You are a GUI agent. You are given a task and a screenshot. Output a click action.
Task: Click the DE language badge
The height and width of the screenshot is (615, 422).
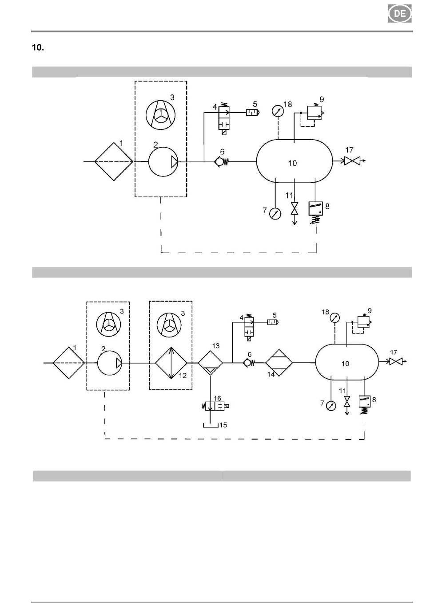(x=400, y=13)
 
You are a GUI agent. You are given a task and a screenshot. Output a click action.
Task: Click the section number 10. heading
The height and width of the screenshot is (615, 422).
(x=38, y=47)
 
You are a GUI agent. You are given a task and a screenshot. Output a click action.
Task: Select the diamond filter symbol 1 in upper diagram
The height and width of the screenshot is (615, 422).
(x=114, y=161)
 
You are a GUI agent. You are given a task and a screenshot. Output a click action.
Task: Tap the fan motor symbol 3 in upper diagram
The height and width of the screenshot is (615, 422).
(x=160, y=114)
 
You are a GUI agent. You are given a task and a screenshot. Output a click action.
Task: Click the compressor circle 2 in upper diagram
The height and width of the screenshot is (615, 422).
(x=163, y=162)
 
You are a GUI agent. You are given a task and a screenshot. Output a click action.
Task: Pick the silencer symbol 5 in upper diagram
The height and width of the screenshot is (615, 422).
(x=253, y=112)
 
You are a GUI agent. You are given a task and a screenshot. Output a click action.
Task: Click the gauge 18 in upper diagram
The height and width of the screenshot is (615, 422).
(x=278, y=111)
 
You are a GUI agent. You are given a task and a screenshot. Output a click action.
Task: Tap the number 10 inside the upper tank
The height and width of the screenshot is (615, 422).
(x=292, y=163)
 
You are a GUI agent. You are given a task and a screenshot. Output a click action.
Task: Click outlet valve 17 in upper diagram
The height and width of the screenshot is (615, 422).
(x=352, y=161)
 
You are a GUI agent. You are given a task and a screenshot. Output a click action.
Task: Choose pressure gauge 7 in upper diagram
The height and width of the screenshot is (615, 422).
(x=275, y=214)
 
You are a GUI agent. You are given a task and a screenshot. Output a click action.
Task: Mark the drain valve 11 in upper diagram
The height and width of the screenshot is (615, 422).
(x=295, y=208)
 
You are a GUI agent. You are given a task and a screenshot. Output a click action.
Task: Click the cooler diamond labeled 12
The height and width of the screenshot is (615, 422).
(x=171, y=363)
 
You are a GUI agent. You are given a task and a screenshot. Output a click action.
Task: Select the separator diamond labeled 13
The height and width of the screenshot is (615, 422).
(x=211, y=363)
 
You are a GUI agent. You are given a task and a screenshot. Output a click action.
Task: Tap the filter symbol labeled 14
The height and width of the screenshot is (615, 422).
(x=279, y=363)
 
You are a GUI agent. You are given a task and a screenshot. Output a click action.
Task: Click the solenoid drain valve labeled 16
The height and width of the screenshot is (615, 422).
(x=215, y=406)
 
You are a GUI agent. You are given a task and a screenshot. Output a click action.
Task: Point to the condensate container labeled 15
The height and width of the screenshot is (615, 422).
(x=211, y=425)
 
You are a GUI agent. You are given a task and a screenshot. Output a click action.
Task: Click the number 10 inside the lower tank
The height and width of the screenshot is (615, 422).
(x=345, y=364)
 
